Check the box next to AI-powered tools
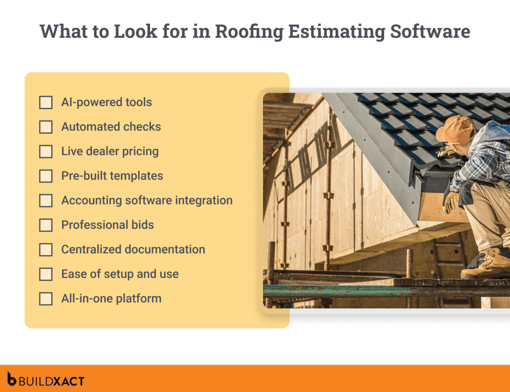tap(46, 102)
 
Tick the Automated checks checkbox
tap(46, 127)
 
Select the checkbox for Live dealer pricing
tap(46, 152)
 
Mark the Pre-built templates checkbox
tap(46, 176)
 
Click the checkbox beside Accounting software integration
tap(46, 200)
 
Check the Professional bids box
tap(46, 225)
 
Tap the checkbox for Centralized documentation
tap(46, 250)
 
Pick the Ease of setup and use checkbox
tap(46, 274)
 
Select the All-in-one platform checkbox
tap(46, 299)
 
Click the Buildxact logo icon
tap(12, 379)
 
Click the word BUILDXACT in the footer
tap(52, 382)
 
